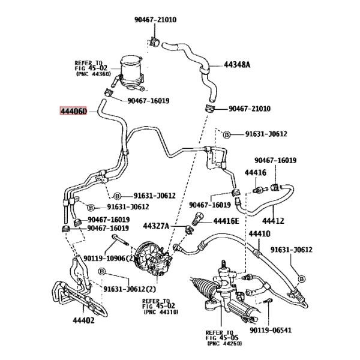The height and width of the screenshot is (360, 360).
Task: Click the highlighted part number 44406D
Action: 73,112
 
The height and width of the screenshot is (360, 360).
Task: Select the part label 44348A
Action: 237,65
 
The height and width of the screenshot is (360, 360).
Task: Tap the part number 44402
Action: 83,320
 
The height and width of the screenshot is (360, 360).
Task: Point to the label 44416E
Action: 226,221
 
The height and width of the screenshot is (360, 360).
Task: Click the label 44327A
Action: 156,226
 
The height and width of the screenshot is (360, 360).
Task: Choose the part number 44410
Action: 260,234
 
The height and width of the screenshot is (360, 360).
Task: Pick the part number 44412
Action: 273,221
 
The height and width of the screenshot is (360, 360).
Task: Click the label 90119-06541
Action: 271,331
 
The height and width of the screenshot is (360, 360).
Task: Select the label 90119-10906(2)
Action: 109,259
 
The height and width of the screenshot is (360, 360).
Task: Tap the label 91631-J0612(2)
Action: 130,289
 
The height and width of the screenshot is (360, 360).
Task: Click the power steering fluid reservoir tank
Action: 131,71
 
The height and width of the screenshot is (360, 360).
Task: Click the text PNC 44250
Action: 224,343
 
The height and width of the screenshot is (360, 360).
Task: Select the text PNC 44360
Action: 93,74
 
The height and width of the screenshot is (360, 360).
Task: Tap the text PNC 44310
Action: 161,312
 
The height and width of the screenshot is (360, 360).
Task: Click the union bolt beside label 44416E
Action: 197,218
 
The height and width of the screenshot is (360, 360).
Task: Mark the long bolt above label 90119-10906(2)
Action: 121,240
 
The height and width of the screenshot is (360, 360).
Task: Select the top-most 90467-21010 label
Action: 155,20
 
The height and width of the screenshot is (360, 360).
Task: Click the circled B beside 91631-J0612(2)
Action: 101,272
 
